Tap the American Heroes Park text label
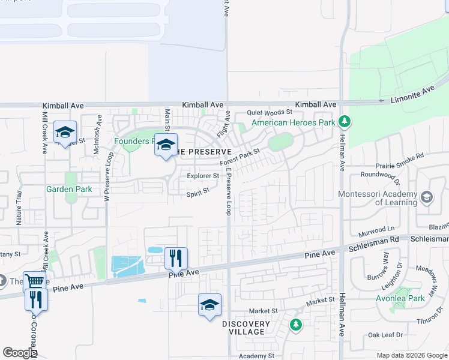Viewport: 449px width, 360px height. coord(293,122)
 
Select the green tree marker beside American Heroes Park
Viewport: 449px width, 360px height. coord(344,122)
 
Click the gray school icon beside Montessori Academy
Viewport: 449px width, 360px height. coord(426,197)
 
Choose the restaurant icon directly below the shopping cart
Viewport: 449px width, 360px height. coord(36,299)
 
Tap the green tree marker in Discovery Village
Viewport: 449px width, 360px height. coord(295,325)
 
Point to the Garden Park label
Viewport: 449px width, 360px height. coord(69,189)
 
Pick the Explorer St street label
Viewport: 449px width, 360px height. coord(202,176)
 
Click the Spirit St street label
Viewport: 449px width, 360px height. coord(197,191)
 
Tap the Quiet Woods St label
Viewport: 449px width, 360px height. coord(270,112)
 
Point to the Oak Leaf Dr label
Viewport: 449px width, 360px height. coord(385,335)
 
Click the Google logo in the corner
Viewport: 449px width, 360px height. coord(20,353)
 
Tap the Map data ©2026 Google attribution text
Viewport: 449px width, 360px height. coord(412,355)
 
